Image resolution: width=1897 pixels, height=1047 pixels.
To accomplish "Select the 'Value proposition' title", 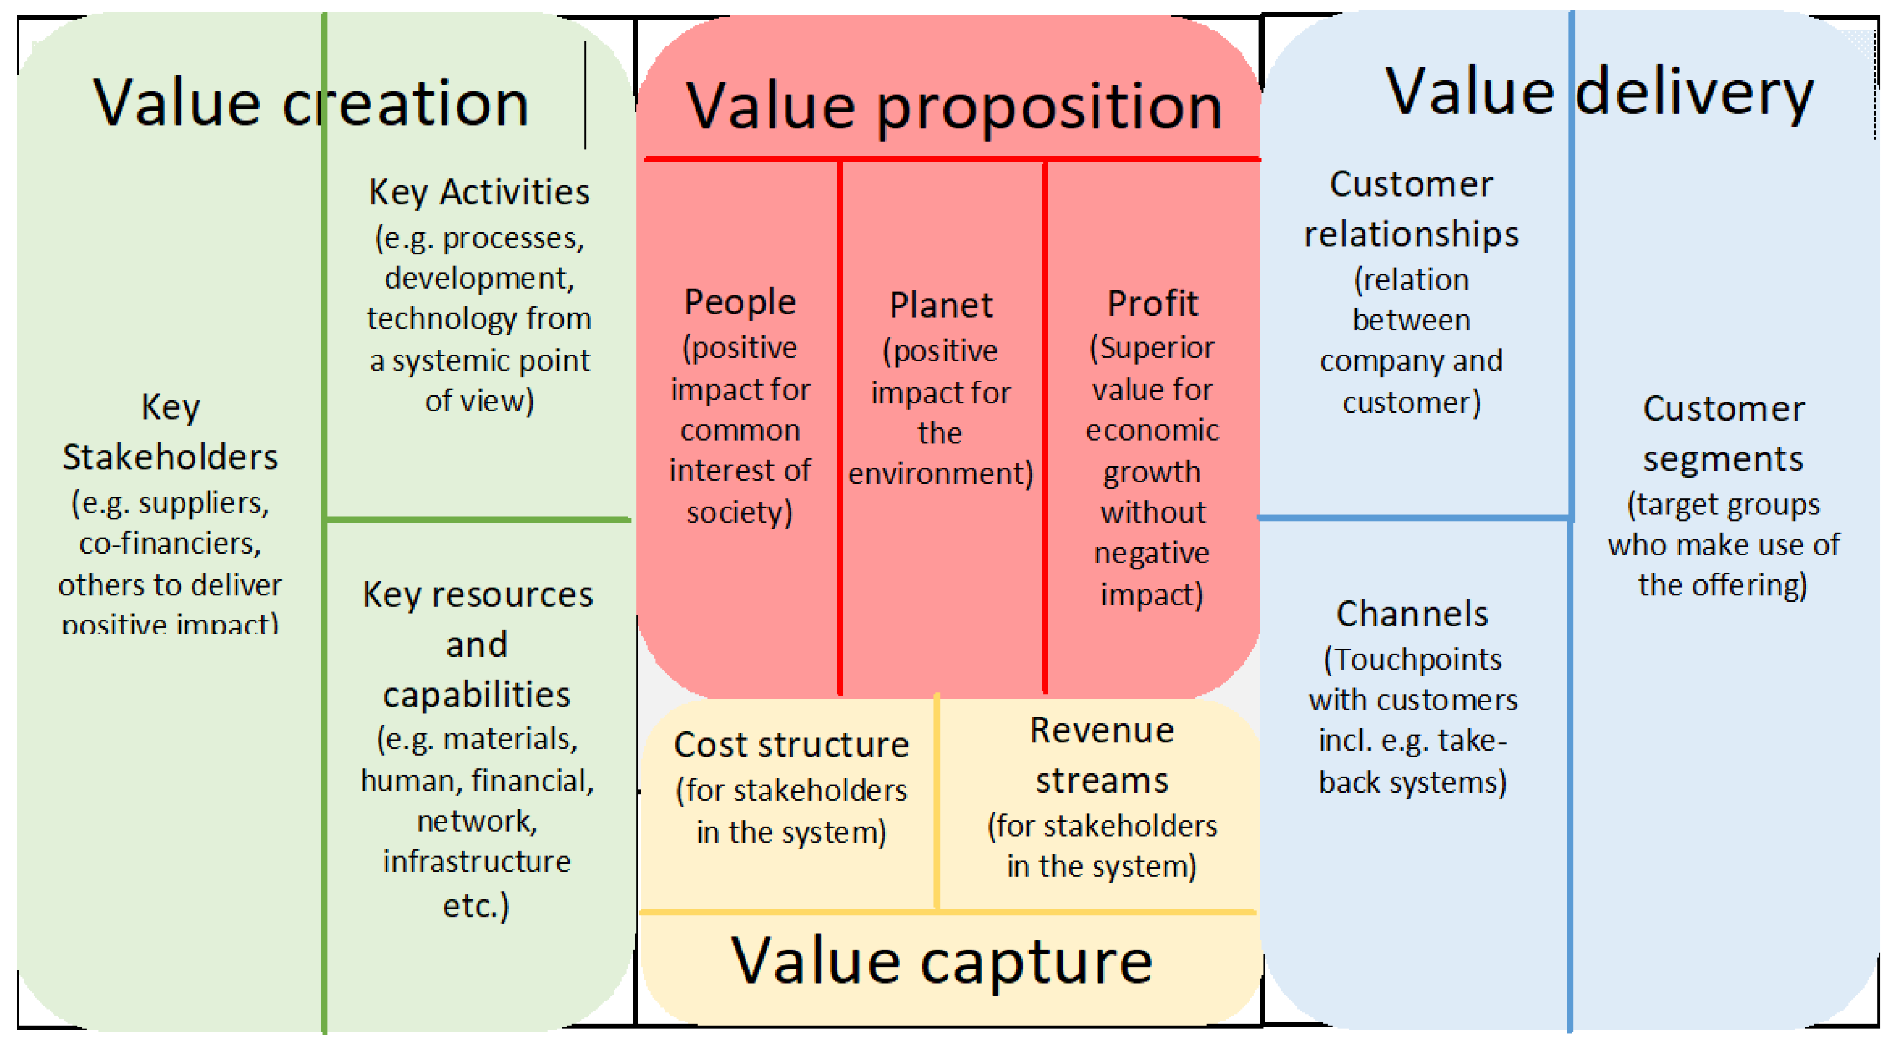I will (x=954, y=107).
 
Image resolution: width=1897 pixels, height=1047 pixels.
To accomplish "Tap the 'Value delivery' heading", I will (x=1599, y=94).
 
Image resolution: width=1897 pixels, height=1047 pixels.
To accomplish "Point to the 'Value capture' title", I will (x=941, y=962).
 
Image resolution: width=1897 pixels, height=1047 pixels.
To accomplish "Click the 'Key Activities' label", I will (x=479, y=192).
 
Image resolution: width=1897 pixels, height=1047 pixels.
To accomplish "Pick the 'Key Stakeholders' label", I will (x=170, y=432).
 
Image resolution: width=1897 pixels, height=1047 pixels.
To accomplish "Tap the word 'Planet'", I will (x=941, y=305).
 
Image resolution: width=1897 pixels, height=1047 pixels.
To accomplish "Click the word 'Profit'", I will (x=1152, y=303).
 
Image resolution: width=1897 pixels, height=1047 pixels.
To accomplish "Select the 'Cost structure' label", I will (x=791, y=745).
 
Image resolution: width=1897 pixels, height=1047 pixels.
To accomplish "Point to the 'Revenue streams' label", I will (x=1102, y=755).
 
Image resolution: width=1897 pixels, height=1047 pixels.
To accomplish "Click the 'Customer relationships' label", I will (x=1411, y=209).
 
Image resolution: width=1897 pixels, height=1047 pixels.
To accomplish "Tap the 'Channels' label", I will (x=1413, y=614).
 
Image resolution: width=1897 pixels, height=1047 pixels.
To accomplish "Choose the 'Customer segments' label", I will (x=1723, y=434).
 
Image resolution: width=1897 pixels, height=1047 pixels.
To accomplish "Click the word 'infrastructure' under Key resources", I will (x=477, y=861).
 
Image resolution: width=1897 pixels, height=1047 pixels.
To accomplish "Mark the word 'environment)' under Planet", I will (x=941, y=473).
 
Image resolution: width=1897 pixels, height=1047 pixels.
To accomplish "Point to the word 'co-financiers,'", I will (x=170, y=544).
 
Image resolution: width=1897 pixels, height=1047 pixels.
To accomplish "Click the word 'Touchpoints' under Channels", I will (x=1418, y=659).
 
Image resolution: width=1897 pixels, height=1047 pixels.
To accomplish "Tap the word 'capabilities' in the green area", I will (x=477, y=695).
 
